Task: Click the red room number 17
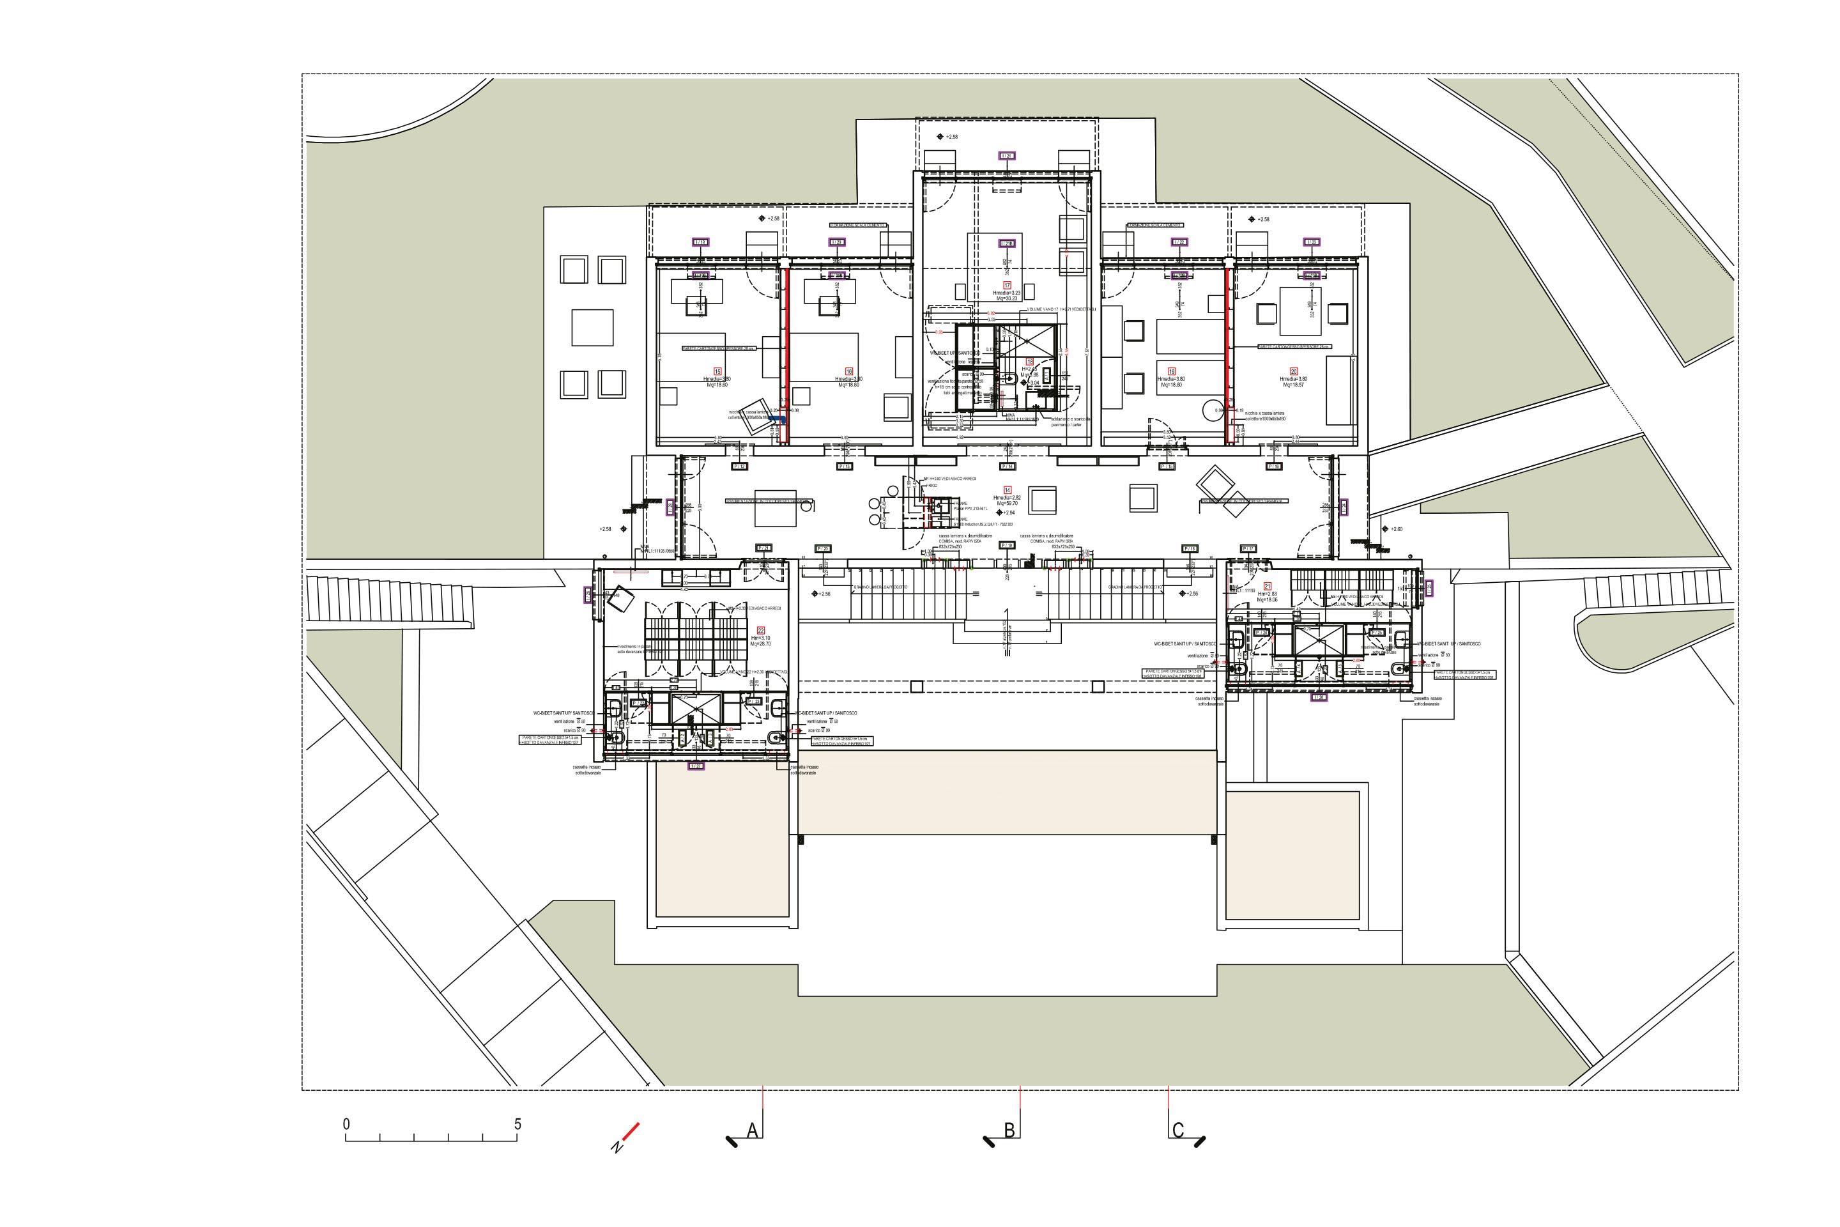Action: [x=1007, y=286]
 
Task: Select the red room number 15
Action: [x=717, y=372]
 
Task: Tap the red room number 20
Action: [x=1294, y=372]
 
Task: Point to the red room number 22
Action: [x=760, y=630]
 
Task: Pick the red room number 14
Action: [x=1008, y=490]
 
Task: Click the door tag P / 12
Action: [x=739, y=467]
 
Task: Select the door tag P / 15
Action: [x=1167, y=467]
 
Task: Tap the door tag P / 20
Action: [x=822, y=548]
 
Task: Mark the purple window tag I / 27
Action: [x=696, y=766]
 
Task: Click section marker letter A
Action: [x=753, y=1131]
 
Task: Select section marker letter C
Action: [x=1178, y=1131]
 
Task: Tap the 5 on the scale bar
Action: [x=517, y=1125]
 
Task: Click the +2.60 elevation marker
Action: [x=1395, y=529]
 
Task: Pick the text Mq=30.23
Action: [x=1007, y=299]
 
